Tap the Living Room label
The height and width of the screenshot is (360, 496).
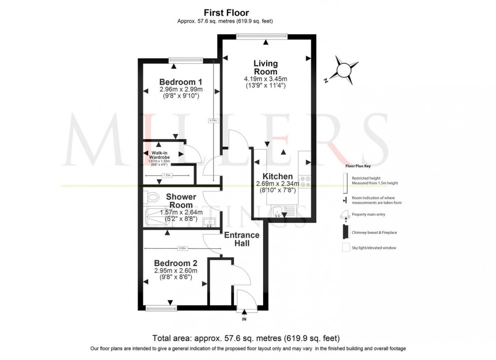click(x=266, y=67)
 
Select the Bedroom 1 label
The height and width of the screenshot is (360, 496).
click(x=181, y=82)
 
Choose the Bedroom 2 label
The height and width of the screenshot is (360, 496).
click(x=176, y=263)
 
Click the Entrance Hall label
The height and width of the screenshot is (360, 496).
click(x=241, y=239)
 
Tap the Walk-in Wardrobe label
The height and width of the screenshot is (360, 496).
click(x=160, y=155)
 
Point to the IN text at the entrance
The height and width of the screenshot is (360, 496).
click(x=244, y=320)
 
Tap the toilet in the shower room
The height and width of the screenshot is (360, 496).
click(x=147, y=196)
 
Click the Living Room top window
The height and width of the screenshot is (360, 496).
click(x=262, y=35)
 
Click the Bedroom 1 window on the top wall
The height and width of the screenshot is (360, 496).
click(x=186, y=60)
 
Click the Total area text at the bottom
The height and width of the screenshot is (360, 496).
click(x=246, y=338)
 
